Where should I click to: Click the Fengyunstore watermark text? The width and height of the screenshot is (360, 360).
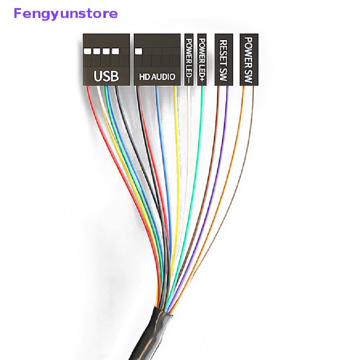66,14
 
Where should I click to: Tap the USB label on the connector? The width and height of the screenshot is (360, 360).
106,76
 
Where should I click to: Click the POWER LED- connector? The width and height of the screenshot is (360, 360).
189,60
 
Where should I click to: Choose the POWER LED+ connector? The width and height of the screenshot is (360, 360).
202,60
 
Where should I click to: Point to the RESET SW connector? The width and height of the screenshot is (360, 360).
224,60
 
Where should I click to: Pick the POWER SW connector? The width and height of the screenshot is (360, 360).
249,60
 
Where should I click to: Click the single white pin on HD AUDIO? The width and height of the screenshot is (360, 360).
139,51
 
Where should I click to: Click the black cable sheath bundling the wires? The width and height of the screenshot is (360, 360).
152,333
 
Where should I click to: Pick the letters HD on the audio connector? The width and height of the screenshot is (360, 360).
144,77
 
